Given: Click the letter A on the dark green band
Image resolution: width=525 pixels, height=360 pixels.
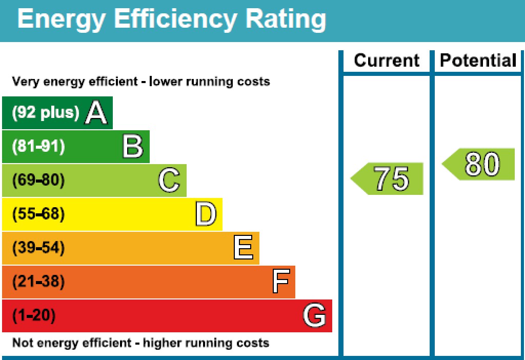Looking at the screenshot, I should (x=96, y=113).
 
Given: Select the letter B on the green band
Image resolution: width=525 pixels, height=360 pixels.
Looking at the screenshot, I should (x=133, y=147).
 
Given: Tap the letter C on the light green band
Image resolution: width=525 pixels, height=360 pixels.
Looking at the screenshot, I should (x=169, y=181).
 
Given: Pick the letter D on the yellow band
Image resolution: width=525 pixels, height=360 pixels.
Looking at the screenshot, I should (x=206, y=214).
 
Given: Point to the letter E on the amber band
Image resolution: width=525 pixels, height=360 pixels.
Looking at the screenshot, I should (x=243, y=248).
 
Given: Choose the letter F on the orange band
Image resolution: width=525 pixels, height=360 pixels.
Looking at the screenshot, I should (x=281, y=282).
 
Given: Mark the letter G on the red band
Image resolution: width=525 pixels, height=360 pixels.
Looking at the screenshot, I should (x=314, y=315).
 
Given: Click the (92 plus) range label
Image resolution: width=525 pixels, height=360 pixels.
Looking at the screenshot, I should (x=46, y=112).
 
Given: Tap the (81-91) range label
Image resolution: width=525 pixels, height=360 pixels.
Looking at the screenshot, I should (x=38, y=147).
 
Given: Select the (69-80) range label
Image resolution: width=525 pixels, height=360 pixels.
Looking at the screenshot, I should (x=38, y=181).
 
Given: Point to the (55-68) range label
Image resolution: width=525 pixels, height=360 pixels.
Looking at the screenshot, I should (x=38, y=214).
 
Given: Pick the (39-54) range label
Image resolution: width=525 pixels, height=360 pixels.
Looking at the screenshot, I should (x=38, y=248).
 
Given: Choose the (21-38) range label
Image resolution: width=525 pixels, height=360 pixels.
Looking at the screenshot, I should (x=38, y=282).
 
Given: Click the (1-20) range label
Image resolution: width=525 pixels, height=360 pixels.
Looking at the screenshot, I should (x=34, y=315).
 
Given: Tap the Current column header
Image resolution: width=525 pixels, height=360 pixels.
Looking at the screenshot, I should (x=387, y=61).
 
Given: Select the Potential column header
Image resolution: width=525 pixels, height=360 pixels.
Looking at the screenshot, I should (x=478, y=61).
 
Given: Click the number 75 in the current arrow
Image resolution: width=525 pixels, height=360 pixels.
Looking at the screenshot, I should (x=392, y=179).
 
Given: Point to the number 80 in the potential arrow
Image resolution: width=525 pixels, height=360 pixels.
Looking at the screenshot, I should (x=482, y=164).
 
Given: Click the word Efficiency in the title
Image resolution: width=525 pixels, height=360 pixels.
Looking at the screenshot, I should (x=175, y=19).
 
